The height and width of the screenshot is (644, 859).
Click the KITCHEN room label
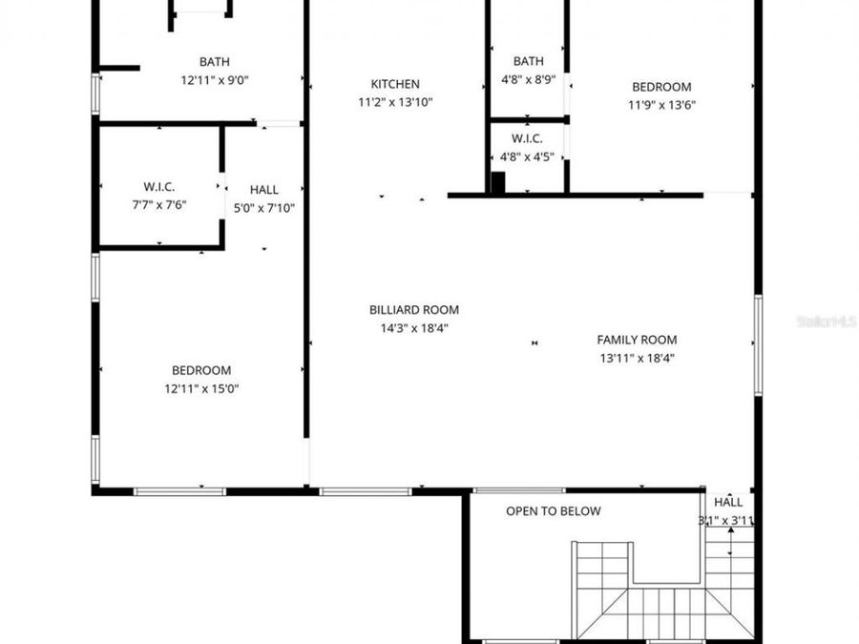point(394,84)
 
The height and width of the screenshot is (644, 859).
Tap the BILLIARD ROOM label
point(413,310)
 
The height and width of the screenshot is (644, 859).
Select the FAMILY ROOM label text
point(637,340)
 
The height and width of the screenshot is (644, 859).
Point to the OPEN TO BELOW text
point(553,511)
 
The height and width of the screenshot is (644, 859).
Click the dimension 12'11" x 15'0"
point(200,388)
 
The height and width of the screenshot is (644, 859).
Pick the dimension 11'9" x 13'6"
point(660,105)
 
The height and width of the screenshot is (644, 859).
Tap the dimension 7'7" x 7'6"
point(159,204)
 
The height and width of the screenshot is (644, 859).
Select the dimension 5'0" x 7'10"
point(264,207)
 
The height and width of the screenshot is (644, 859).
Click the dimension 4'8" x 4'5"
point(527,156)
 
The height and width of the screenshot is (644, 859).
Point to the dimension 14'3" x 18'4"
point(413,328)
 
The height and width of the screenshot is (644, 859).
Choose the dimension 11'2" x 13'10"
point(394,102)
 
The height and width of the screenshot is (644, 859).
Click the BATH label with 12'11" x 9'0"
point(214,62)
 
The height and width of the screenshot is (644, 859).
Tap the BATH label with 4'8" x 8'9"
point(528,62)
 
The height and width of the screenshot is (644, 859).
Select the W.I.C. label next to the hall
point(159,187)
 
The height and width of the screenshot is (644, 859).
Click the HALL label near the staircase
point(728,502)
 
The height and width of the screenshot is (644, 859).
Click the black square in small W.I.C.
point(497,182)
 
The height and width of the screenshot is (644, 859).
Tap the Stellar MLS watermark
point(826,322)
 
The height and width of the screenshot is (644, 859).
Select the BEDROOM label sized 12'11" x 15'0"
point(200,370)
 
